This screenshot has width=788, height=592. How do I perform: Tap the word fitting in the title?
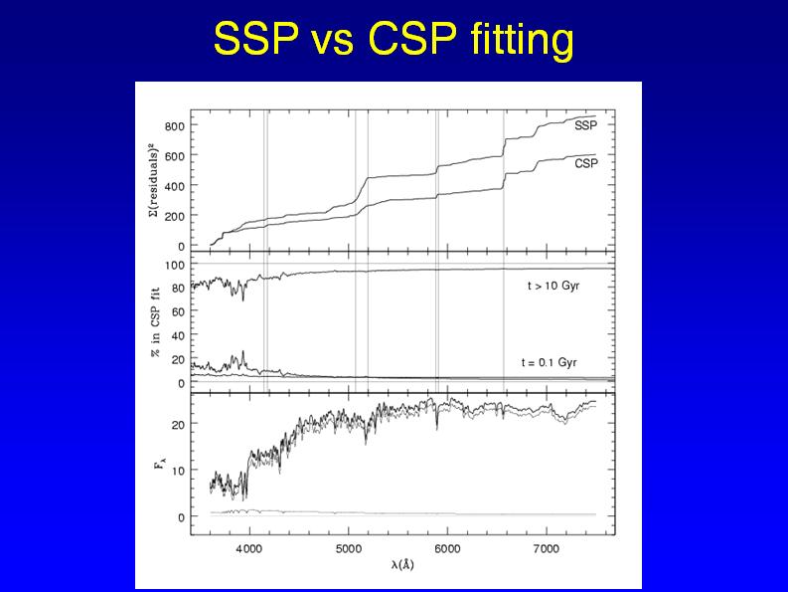point(525,41)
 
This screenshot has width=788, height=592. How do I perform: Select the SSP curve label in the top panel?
point(586,125)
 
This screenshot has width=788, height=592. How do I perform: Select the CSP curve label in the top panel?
point(586,163)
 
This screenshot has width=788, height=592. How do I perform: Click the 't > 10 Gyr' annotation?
point(553,286)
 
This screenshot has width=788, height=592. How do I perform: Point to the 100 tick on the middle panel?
point(176,265)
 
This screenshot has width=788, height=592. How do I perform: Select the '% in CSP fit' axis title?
point(153,323)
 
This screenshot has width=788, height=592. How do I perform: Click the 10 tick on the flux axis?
point(179,471)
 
